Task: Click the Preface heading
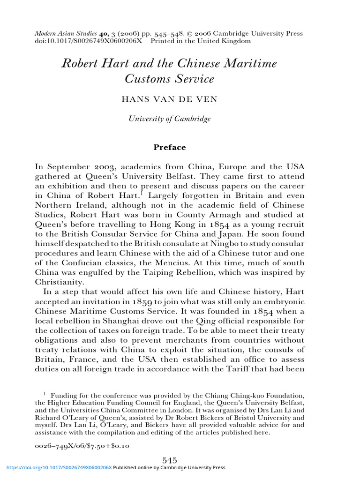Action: [x=170, y=147]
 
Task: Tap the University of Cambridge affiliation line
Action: [x=170, y=119]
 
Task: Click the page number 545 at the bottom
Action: [x=169, y=461]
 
